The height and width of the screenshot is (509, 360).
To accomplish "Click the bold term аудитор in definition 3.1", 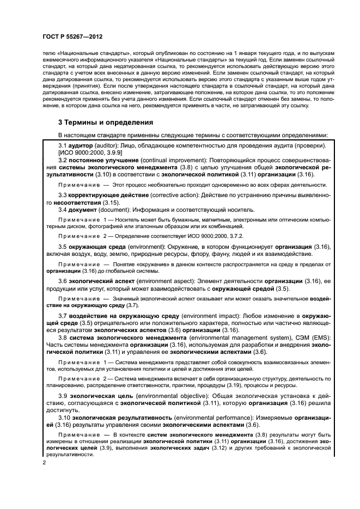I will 80,146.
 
